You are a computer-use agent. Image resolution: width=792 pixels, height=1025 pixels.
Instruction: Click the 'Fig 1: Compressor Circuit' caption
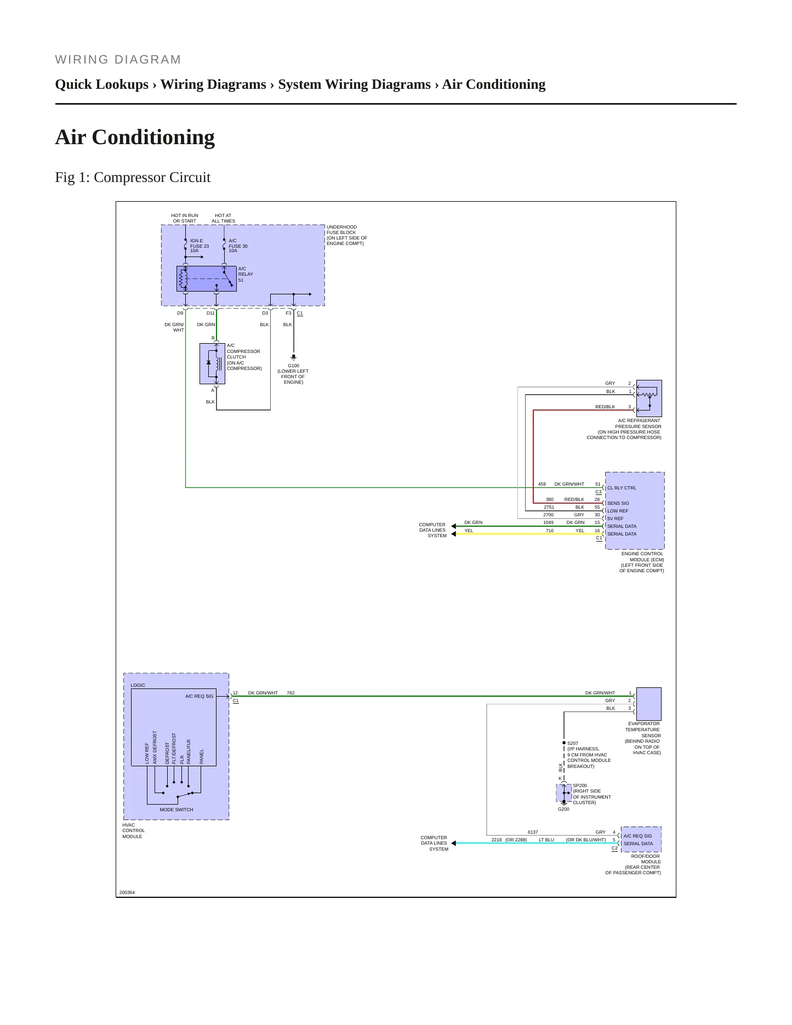pos(133,178)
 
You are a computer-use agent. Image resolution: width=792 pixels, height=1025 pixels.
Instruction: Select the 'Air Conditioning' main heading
pos(135,138)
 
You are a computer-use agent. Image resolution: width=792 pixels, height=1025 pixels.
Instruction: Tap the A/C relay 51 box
pos(207,279)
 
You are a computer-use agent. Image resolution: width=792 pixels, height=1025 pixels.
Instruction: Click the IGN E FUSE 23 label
pos(200,246)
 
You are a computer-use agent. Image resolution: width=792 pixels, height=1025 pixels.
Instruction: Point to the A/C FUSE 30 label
pos(238,246)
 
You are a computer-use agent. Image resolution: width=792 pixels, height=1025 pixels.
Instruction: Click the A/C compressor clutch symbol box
pos(213,363)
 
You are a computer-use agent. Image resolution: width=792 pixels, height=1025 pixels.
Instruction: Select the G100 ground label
pos(293,374)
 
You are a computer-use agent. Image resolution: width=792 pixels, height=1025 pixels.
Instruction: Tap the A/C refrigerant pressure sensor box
pos(649,398)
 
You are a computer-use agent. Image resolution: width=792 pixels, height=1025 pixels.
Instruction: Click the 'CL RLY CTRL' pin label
pos(622,488)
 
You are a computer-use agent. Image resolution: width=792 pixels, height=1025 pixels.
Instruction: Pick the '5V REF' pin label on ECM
pos(615,519)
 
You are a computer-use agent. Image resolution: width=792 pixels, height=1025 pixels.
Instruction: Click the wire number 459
pos(542,484)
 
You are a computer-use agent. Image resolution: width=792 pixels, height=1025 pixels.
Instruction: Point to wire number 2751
pos(549,507)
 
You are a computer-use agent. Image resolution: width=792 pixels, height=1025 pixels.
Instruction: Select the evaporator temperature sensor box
pos(649,704)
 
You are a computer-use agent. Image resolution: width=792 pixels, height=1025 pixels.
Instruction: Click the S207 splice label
pos(573,743)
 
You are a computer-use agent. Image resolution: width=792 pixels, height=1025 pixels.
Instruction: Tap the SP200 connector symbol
pos(564,793)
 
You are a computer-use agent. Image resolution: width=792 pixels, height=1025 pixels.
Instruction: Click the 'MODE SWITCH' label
pos(176,810)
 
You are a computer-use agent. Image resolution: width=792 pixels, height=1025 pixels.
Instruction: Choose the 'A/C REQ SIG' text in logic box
pos(200,696)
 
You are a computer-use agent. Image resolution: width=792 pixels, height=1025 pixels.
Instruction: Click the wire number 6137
pos(533,832)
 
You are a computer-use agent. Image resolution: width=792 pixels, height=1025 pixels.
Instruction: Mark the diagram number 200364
pos(127,892)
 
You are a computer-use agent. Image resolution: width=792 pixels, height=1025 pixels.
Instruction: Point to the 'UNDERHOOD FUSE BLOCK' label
pos(341,230)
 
